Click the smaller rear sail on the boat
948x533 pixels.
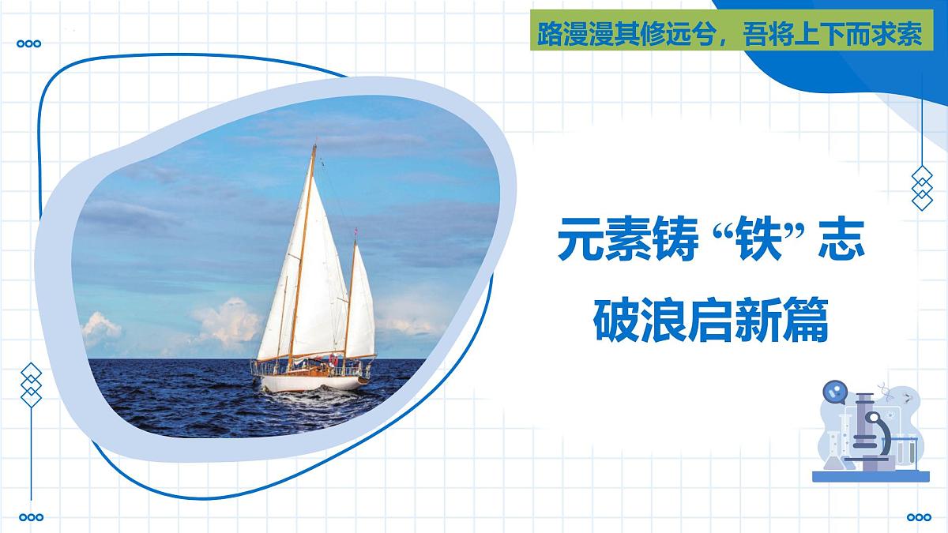360,304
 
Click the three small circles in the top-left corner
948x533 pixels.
30,44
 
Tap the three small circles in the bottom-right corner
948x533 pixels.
919,517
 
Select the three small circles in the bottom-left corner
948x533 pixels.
30,517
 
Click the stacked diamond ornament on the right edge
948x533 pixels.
922,188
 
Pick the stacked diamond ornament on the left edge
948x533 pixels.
31,385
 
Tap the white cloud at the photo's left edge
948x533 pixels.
101,328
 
